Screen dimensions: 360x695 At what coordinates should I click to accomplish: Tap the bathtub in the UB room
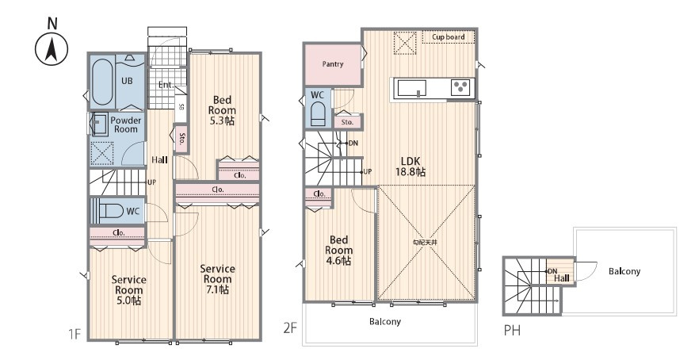click(x=101, y=82)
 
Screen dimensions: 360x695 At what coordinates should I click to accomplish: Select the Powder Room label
click(x=126, y=124)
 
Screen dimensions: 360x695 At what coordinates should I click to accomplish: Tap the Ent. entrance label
click(x=166, y=85)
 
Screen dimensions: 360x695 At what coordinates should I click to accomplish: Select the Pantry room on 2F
click(x=332, y=64)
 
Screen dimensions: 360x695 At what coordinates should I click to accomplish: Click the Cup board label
click(x=448, y=37)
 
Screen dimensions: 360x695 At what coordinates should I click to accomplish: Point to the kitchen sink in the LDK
click(x=411, y=88)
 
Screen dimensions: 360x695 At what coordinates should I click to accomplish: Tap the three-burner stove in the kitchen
click(x=460, y=88)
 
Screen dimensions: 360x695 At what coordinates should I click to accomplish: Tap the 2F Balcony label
click(x=384, y=322)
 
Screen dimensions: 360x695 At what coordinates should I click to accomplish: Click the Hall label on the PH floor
click(x=560, y=277)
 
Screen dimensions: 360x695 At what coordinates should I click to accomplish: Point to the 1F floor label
click(x=75, y=335)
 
